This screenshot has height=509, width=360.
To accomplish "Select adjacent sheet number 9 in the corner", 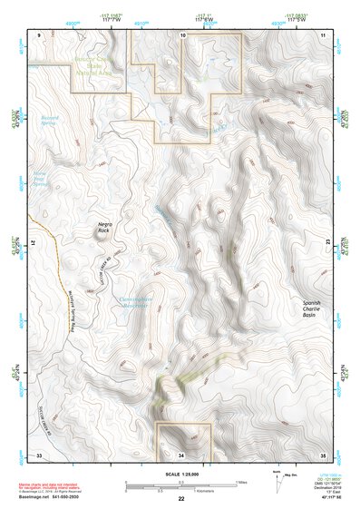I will coord(39,34).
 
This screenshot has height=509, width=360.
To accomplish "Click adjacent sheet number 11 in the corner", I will coord(322,34).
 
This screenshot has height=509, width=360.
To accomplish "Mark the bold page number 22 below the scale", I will coord(180,500).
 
